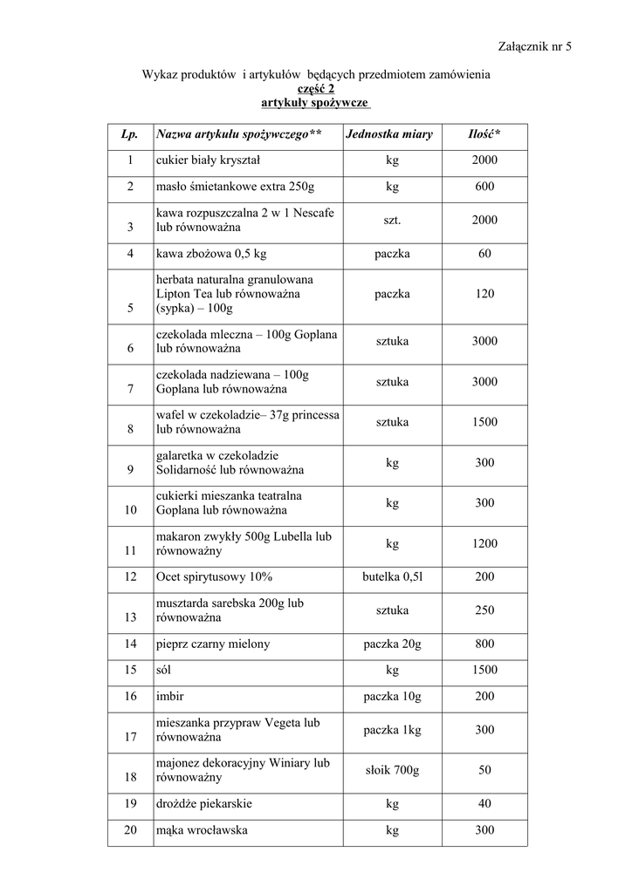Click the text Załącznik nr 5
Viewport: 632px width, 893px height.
coord(535,46)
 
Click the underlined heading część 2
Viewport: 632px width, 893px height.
coord(316,88)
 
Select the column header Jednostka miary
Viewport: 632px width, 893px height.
coord(389,134)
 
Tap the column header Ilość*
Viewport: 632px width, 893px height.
coord(484,134)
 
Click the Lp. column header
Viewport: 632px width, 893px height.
coord(130,134)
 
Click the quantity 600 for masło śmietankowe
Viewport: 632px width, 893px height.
coord(484,187)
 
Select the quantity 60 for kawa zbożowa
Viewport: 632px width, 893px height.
coord(484,254)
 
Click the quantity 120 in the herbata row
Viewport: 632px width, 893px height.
coord(484,294)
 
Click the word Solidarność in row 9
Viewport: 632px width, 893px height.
coord(187,470)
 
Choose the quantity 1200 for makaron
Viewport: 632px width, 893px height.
coord(484,543)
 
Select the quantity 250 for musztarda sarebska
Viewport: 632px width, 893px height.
coord(484,610)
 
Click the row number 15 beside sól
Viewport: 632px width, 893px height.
coord(130,670)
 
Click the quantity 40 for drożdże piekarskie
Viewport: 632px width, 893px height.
coord(484,804)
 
